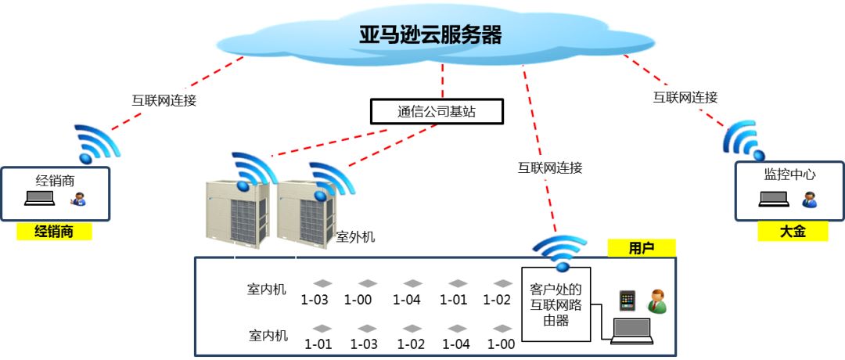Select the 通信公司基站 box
(436, 111)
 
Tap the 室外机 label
(355, 236)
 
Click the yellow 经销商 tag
(54, 231)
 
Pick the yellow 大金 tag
(792, 231)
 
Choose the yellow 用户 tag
(641, 248)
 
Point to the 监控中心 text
(789, 175)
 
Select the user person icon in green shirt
(656, 301)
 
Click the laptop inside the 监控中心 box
(774, 199)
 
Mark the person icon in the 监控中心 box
(809, 199)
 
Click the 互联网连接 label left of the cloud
(163, 100)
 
